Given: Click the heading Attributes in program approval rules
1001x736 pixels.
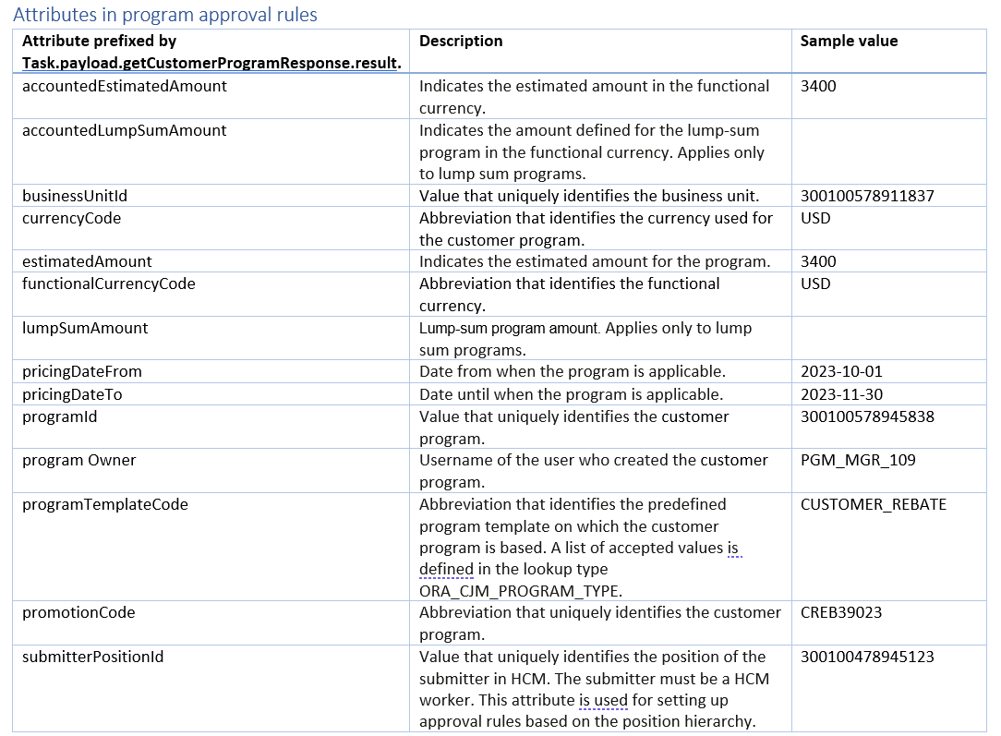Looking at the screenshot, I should point(165,15).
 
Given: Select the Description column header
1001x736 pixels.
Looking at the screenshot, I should point(461,42).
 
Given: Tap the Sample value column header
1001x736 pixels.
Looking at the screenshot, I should point(849,42).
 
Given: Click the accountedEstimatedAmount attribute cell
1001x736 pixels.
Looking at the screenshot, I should point(125,86).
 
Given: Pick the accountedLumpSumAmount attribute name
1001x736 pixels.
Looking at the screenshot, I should point(124,130).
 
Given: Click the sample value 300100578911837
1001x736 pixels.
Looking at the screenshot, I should point(867,196).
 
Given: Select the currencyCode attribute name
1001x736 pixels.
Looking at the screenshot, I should point(71,218).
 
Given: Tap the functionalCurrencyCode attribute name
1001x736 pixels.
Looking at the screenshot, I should point(109,284).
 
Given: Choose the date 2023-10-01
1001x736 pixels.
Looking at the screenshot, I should point(841,371).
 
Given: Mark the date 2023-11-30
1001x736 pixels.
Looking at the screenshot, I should point(841,394).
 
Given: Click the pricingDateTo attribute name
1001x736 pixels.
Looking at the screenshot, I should point(72,394).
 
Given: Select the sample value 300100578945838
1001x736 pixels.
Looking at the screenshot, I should point(867,416).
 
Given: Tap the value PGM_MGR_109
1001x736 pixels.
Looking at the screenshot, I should point(858,460).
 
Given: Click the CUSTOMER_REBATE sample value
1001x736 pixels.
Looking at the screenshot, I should point(873,504).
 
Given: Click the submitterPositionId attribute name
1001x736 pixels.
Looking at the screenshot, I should point(93,657).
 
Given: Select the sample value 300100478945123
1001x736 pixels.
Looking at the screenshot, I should point(867,657).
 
